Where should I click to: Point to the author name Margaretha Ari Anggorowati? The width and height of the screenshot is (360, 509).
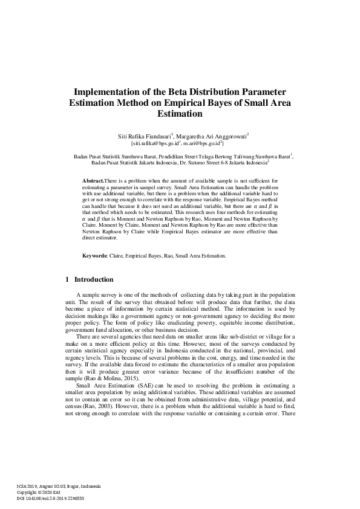tap(212, 136)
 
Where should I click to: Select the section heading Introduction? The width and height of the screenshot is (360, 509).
tap(93, 280)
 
